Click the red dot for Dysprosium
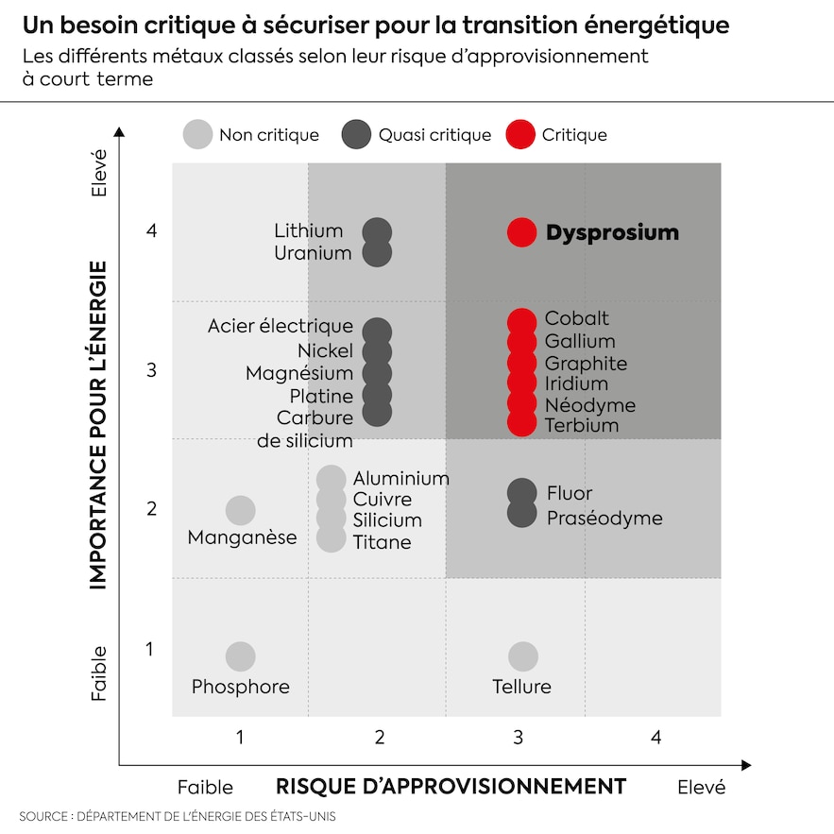click(x=521, y=232)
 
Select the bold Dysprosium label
click(x=612, y=233)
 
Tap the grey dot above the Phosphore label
click(x=241, y=656)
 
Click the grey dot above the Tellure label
click(x=522, y=656)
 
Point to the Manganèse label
click(x=242, y=538)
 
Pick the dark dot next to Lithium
click(x=377, y=231)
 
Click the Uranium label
click(x=313, y=253)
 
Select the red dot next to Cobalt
click(x=521, y=321)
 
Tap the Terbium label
click(x=581, y=425)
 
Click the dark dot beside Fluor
click(x=521, y=492)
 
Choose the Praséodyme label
click(x=604, y=519)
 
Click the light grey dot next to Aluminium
click(x=332, y=479)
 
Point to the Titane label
click(x=382, y=542)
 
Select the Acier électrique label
click(x=281, y=327)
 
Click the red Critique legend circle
click(x=520, y=135)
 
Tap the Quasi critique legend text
click(x=434, y=135)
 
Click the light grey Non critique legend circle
click(x=197, y=135)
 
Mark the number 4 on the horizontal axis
click(x=655, y=737)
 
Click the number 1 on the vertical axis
click(x=149, y=649)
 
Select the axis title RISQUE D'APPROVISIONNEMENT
click(x=451, y=786)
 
